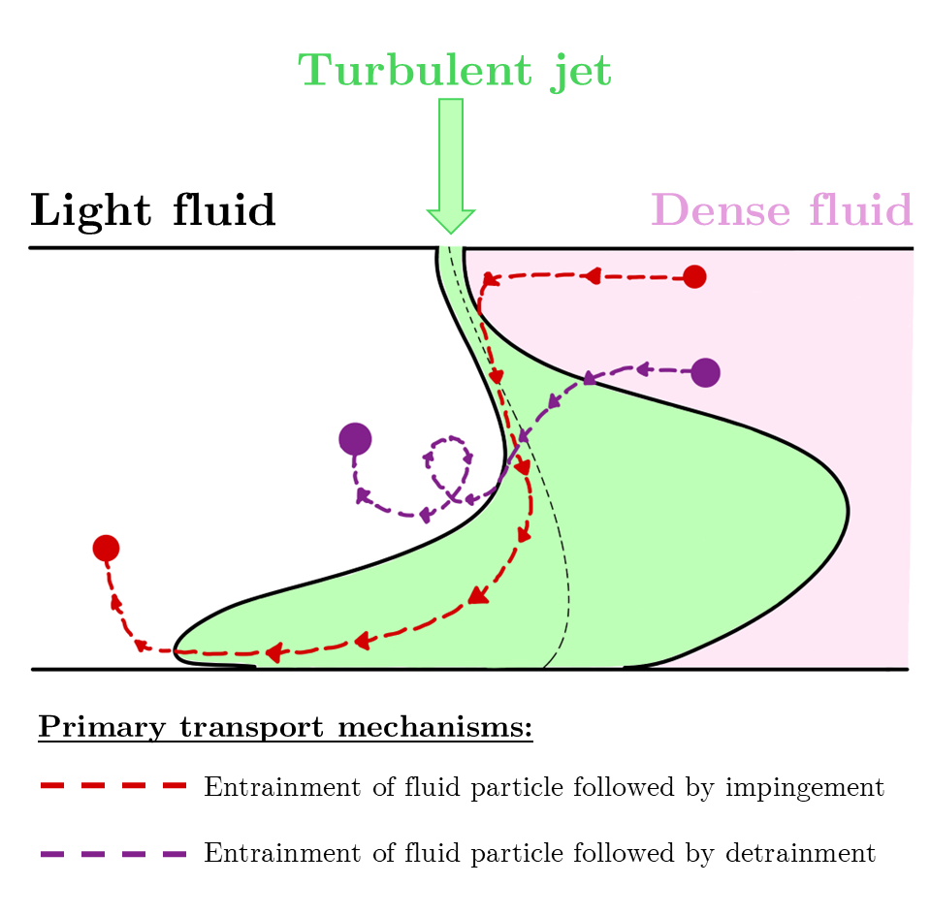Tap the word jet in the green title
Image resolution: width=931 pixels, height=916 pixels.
click(x=581, y=73)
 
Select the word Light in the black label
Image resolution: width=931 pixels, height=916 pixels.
click(x=91, y=211)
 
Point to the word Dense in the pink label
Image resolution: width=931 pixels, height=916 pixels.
click(x=721, y=210)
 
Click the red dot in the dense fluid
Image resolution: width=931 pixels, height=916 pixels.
click(x=694, y=276)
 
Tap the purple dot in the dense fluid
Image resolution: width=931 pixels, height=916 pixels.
click(x=705, y=372)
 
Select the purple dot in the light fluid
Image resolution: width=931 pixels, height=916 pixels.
click(x=355, y=439)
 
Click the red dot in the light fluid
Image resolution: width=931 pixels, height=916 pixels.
click(x=107, y=548)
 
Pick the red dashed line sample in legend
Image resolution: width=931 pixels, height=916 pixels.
click(x=113, y=785)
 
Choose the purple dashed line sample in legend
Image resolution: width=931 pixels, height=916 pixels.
click(x=113, y=854)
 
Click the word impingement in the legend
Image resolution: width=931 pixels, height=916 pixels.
click(x=805, y=788)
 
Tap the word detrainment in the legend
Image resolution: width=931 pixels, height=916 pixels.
click(x=800, y=853)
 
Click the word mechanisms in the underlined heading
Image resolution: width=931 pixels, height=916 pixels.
click(x=435, y=726)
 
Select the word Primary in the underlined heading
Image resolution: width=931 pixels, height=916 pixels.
click(x=102, y=727)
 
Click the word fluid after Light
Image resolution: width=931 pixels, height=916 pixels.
click(x=224, y=210)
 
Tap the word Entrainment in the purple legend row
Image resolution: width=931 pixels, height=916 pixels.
click(x=282, y=853)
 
